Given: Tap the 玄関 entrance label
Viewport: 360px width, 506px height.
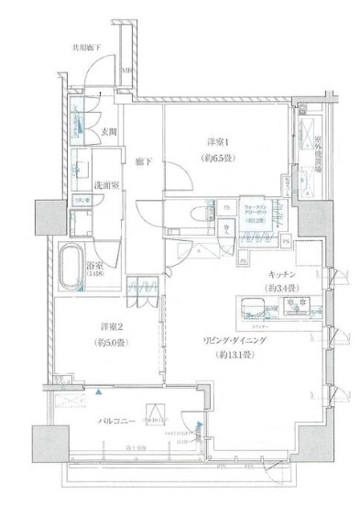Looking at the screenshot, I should coord(107,130).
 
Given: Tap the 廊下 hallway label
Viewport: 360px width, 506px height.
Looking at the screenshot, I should coord(144,162).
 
